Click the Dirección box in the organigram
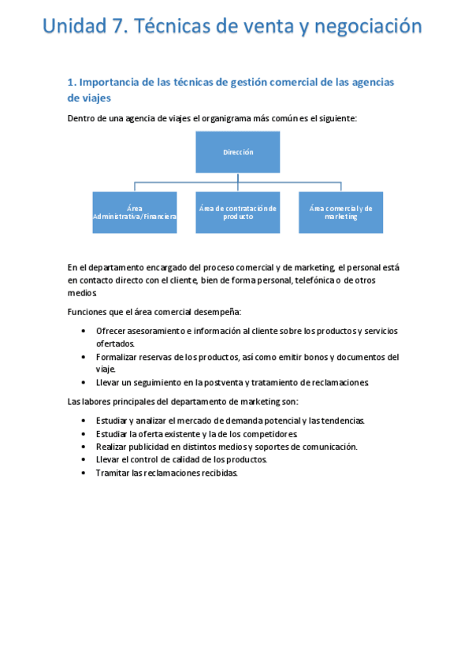click(x=238, y=152)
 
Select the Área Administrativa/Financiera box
click(x=134, y=212)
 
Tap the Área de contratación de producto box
click(x=238, y=212)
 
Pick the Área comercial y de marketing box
click(x=340, y=212)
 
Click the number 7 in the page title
click(x=118, y=27)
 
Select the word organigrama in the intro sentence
click(x=229, y=118)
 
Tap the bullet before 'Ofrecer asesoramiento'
click(x=84, y=331)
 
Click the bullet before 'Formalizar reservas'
click(x=84, y=357)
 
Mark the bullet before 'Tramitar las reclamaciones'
click(x=84, y=473)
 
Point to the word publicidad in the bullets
click(x=154, y=447)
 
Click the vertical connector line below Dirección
click(x=238, y=178)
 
